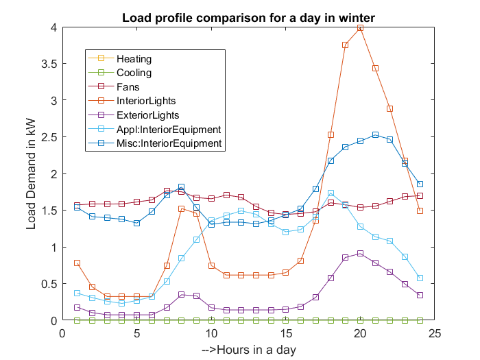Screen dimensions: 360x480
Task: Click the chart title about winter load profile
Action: pos(248,16)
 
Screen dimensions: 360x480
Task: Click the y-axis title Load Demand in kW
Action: pos(32,174)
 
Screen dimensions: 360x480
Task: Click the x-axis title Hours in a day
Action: pos(249,350)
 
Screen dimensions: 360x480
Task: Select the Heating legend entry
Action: pos(134,60)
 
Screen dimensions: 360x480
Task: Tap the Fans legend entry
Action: pos(128,88)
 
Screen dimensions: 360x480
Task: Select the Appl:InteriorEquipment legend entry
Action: pos(168,130)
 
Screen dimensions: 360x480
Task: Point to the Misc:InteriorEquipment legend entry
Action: pos(169,143)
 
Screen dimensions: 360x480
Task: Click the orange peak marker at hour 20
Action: pos(361,28)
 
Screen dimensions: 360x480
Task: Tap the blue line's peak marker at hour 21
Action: pos(375,135)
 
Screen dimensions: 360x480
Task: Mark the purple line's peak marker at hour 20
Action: pos(361,254)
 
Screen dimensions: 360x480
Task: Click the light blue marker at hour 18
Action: pos(331,193)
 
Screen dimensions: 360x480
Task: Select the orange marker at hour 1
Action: pos(77,263)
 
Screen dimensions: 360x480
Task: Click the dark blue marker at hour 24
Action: pos(420,184)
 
